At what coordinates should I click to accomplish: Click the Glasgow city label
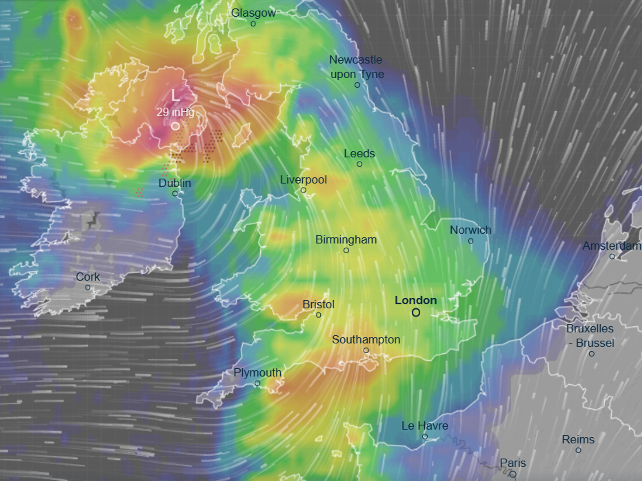click(x=253, y=13)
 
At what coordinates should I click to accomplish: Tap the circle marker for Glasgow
click(x=253, y=24)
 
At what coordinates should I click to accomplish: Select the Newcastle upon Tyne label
click(x=356, y=67)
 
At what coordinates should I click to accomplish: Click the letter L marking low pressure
click(x=175, y=95)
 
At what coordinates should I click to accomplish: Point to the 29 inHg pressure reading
click(x=175, y=112)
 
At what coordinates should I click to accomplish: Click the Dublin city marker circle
click(x=175, y=193)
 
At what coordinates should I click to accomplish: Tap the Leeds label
click(x=359, y=153)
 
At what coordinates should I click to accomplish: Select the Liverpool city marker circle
click(x=303, y=190)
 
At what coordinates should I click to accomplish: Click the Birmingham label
click(x=346, y=240)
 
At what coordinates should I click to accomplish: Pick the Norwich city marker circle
click(x=471, y=241)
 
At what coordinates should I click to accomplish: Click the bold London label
click(x=416, y=300)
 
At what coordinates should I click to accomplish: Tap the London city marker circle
click(x=416, y=313)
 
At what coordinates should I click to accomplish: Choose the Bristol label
click(x=318, y=304)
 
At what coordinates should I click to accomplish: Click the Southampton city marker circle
click(x=366, y=350)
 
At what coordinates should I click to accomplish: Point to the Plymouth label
click(x=257, y=373)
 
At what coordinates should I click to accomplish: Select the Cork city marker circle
click(x=88, y=288)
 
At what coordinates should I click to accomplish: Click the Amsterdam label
click(x=612, y=246)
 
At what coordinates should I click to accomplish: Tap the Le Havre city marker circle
click(x=425, y=436)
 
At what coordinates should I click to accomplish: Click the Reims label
click(x=578, y=439)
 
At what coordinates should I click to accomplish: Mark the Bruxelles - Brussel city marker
click(x=592, y=354)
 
